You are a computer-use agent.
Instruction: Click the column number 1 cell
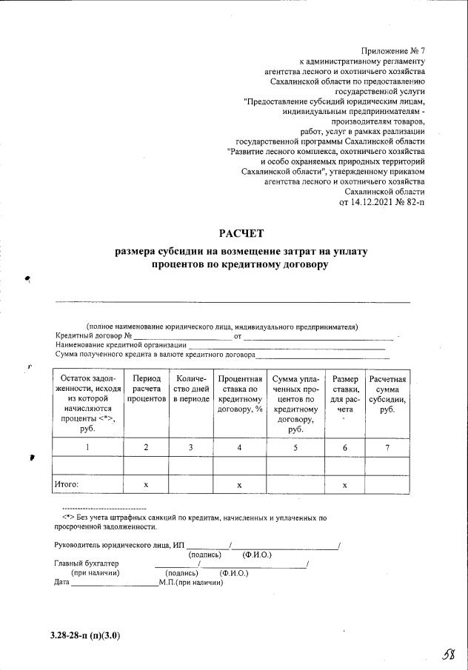click(88, 446)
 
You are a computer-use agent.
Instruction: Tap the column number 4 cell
click(239, 446)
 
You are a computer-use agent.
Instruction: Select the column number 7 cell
click(387, 446)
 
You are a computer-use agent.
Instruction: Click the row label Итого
click(67, 484)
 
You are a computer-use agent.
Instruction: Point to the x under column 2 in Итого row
click(146, 484)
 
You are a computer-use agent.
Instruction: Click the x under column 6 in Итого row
click(345, 484)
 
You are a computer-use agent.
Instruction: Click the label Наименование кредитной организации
click(121, 345)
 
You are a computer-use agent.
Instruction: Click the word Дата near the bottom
click(62, 583)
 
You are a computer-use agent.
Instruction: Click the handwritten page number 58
click(447, 655)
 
